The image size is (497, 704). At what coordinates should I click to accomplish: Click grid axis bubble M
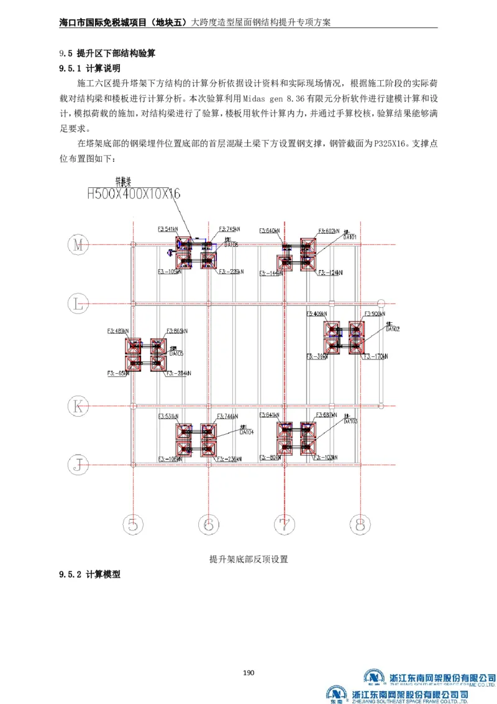(x=78, y=245)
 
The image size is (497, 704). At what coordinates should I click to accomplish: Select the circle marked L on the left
(x=78, y=304)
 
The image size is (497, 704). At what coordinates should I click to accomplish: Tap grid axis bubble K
(x=78, y=407)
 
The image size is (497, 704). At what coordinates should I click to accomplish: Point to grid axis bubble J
(x=78, y=463)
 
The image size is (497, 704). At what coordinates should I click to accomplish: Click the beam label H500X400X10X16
(x=133, y=194)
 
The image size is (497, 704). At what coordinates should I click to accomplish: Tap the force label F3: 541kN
(x=169, y=229)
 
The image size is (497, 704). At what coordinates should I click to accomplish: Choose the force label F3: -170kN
(x=376, y=356)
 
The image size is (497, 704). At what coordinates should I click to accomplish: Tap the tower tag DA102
(x=392, y=328)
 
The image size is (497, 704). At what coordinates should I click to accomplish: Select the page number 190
(x=248, y=672)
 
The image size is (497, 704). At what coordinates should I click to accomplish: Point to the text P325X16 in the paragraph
(x=389, y=143)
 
